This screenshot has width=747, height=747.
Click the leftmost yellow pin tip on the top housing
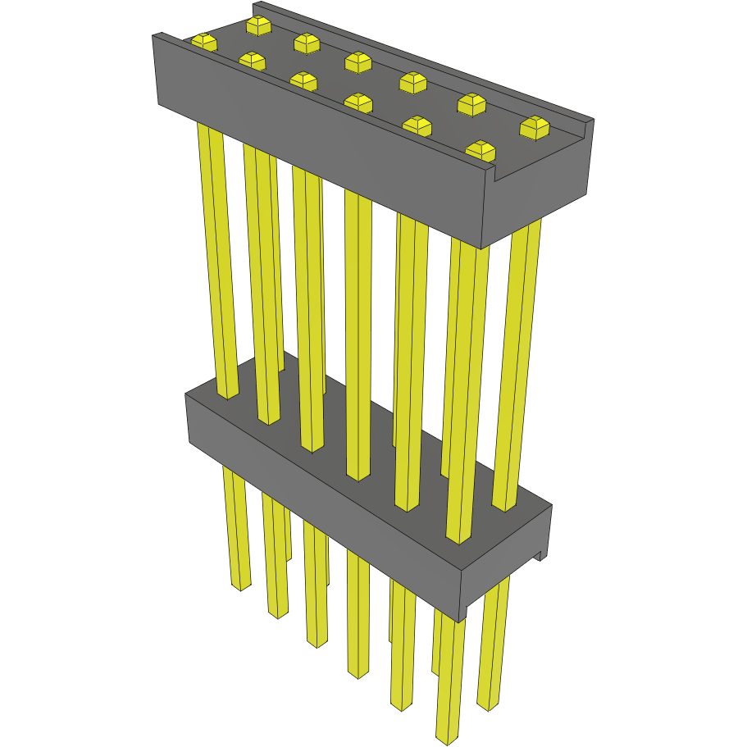coord(203,41)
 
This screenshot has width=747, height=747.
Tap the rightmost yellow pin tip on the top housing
coord(535,126)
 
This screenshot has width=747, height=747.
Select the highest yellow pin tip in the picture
coord(258,25)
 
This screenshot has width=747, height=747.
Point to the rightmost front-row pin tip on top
coord(481,151)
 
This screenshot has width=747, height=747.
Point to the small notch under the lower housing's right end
coord(540,555)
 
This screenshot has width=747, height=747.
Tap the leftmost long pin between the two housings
coord(216,262)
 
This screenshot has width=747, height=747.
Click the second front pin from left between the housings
coord(262,287)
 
